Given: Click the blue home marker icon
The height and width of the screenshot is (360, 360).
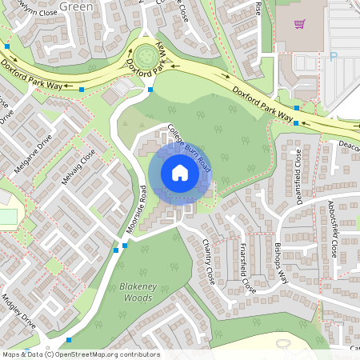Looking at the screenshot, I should coord(180,173).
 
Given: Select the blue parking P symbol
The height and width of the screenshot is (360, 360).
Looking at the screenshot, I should coord(334,56).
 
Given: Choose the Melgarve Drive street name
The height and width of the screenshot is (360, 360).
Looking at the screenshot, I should coord(32,151).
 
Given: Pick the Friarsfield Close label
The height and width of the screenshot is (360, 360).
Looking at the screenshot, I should coord(247,269).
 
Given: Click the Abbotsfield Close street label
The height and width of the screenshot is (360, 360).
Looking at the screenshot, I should coord(331,227).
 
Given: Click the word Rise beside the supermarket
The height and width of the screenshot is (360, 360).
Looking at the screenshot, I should coord(258,8).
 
